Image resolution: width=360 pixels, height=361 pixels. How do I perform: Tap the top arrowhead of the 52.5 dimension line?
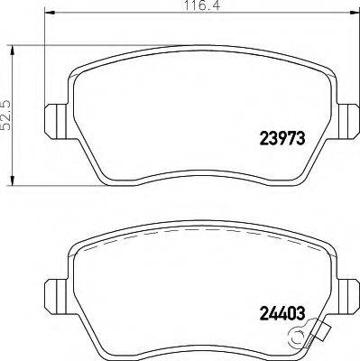coord(10,43)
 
